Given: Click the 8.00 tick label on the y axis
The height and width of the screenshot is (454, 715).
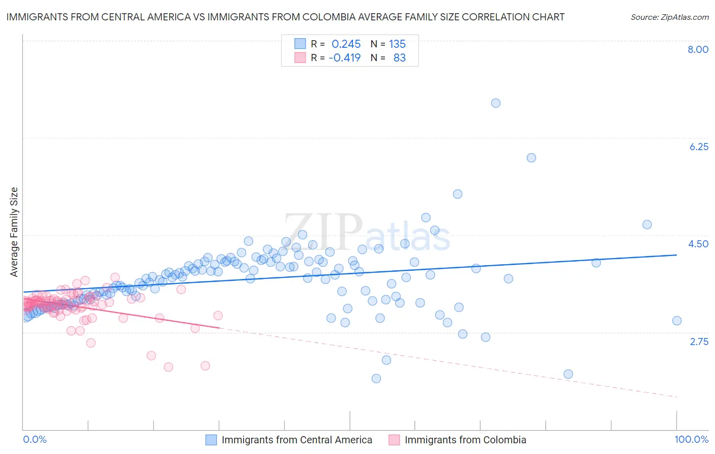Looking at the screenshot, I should (698, 49).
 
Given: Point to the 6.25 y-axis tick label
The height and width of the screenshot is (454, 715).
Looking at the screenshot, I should (699, 147).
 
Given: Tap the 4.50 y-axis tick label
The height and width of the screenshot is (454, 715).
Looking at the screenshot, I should (698, 244).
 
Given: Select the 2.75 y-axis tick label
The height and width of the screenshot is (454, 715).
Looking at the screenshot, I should (699, 342).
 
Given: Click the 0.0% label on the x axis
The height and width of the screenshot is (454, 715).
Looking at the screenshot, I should (35, 439).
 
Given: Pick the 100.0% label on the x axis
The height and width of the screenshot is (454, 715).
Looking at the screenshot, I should (691, 439).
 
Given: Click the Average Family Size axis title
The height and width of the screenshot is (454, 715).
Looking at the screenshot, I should (14, 232).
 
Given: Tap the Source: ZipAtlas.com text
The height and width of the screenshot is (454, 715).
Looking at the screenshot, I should (669, 17).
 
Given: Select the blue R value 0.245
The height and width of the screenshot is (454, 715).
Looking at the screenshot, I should (346, 44).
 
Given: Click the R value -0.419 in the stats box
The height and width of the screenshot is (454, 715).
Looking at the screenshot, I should (344, 58).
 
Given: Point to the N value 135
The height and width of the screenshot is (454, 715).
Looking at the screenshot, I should (397, 44).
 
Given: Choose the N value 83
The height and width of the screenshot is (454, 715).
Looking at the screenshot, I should (399, 58).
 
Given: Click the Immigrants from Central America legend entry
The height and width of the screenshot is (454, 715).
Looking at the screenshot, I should (296, 440).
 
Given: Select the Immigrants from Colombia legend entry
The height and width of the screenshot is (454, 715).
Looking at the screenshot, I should (465, 440).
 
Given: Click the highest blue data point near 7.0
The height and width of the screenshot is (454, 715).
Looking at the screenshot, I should (496, 103).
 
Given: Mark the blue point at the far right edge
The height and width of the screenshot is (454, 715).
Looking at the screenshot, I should (676, 321).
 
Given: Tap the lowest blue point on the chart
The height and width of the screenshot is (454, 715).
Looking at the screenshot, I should (376, 378).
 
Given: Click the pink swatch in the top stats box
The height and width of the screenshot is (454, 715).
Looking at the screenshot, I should (300, 58).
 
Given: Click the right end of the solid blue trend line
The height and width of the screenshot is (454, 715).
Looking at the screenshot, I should (676, 255).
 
